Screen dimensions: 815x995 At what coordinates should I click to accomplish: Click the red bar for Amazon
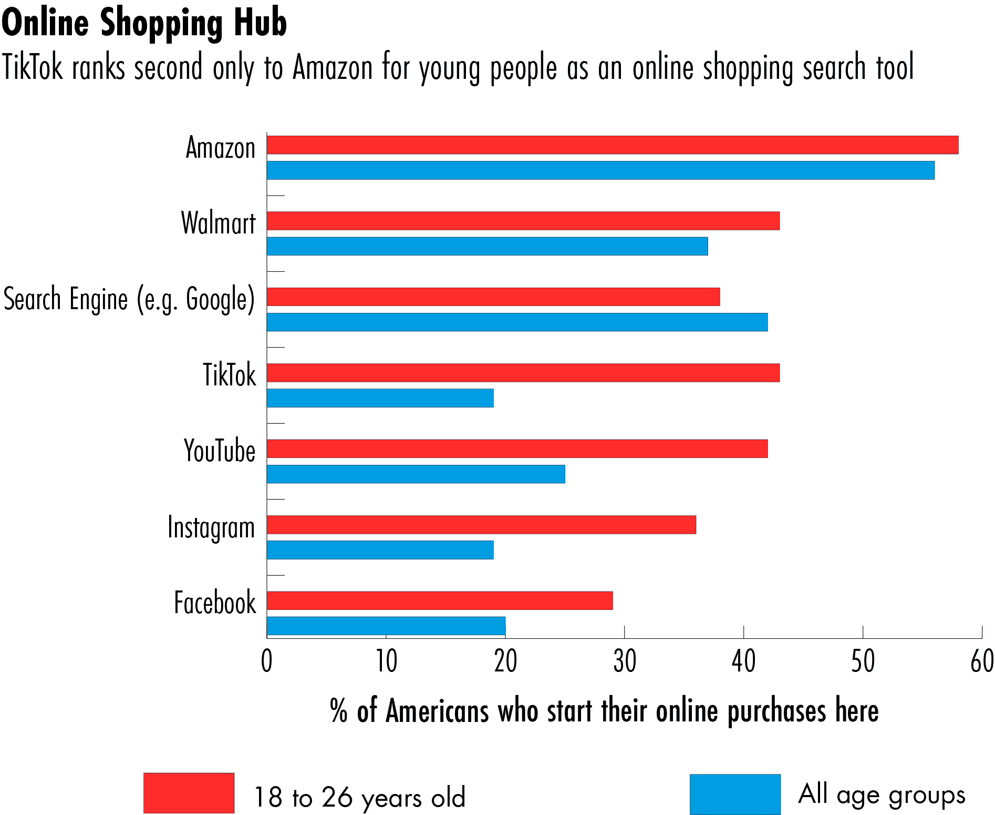pos(612,145)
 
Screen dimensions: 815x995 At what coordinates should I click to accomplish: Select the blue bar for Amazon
pos(600,170)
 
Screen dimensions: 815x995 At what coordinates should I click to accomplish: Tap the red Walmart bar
pos(523,221)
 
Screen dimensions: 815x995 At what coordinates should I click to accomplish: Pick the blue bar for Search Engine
pos(517,322)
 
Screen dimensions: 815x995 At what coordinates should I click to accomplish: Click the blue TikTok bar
pos(380,398)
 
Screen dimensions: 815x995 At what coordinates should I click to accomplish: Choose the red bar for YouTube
pos(517,449)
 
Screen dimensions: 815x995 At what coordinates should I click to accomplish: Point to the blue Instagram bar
pos(380,550)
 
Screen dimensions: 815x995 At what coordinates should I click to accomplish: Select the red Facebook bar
pos(440,600)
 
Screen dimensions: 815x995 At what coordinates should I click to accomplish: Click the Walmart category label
pos(218,223)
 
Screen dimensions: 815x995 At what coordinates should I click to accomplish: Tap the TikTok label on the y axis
pos(230,375)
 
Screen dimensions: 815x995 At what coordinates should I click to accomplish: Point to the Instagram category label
pos(211,527)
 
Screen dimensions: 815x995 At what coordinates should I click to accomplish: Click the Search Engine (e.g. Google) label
pos(129,299)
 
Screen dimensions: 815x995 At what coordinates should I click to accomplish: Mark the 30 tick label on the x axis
pos(624,661)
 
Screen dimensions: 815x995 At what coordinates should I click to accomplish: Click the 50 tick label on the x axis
pos(863,661)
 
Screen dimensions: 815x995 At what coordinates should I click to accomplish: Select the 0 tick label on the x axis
pos(267,661)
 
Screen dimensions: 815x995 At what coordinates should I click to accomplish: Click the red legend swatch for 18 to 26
pos(189,793)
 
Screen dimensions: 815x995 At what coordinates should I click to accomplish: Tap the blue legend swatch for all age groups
pos(735,794)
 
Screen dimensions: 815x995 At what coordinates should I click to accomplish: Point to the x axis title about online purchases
pos(604,711)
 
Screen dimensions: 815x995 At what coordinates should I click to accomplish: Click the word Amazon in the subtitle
pos(332,67)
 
